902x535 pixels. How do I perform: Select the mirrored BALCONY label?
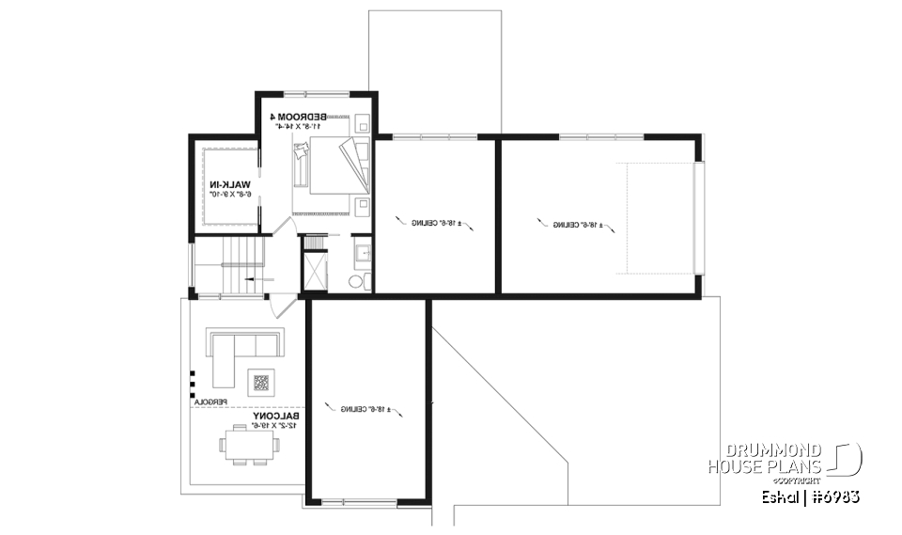[276, 416]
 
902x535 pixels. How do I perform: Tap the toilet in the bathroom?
[356, 281]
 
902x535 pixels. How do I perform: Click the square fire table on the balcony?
[260, 383]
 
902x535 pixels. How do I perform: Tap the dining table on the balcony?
[250, 443]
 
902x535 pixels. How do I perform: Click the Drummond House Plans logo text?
[765, 458]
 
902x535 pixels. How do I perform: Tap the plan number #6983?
[836, 496]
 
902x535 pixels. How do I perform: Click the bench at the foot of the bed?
[300, 169]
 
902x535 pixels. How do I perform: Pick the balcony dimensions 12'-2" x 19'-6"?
[273, 426]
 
